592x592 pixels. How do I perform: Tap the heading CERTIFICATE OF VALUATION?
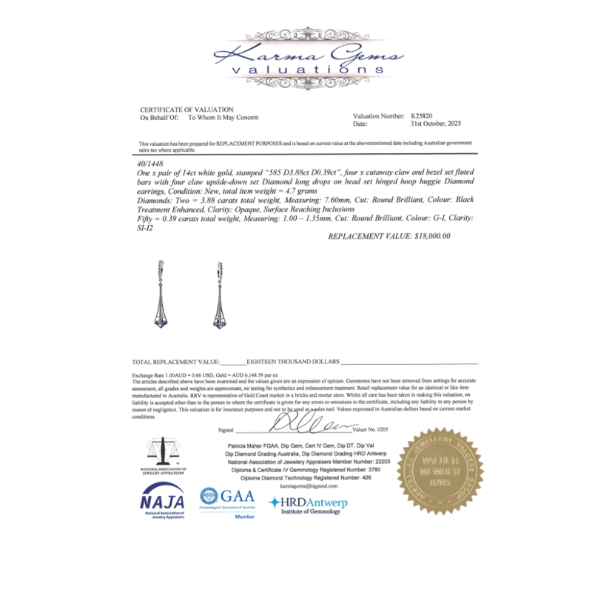pyautogui.click(x=186, y=110)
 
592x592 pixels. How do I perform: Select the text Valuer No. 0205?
pyautogui.click(x=369, y=429)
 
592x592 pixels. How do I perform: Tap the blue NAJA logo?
pyautogui.click(x=164, y=498)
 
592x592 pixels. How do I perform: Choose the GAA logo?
pyautogui.click(x=231, y=497)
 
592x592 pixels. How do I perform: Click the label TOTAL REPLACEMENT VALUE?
pyautogui.click(x=175, y=362)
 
